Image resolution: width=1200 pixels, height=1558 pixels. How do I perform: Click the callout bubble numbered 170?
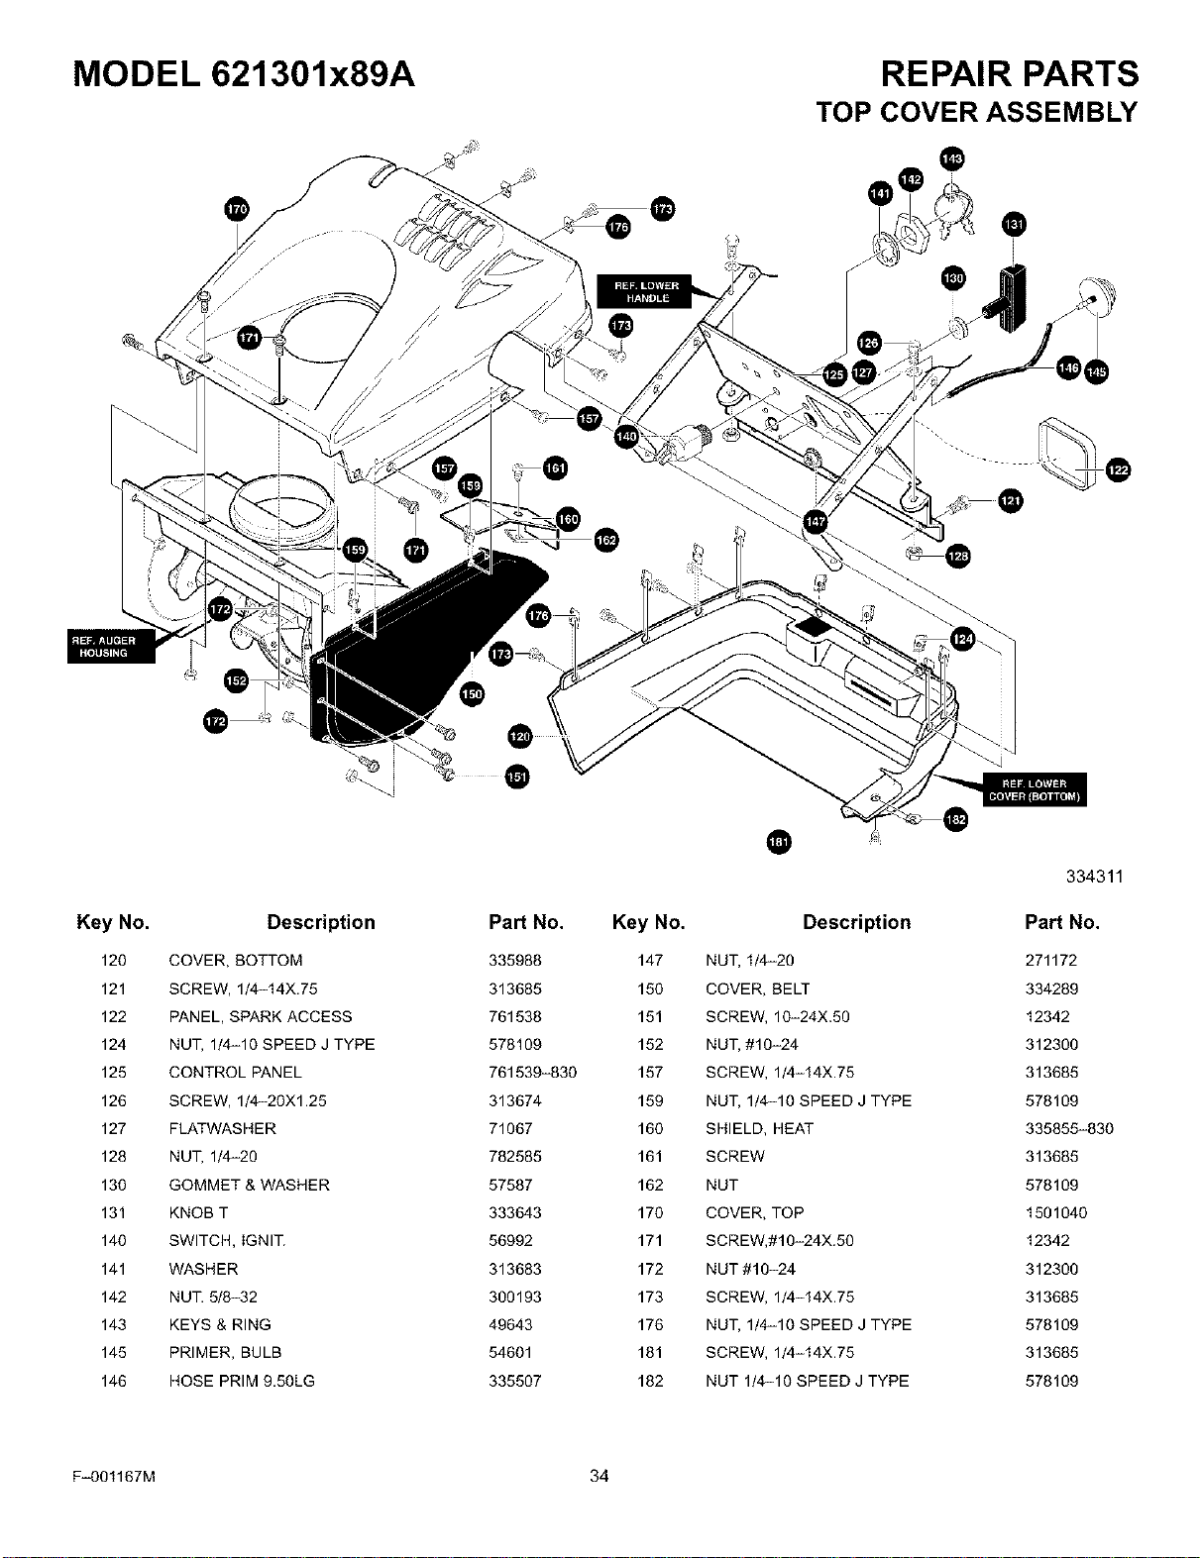(237, 209)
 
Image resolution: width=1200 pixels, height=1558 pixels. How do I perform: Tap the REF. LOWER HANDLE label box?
(644, 291)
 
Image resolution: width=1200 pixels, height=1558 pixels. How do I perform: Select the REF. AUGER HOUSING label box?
(111, 647)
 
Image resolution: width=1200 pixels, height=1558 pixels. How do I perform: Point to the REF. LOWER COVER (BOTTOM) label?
(1035, 789)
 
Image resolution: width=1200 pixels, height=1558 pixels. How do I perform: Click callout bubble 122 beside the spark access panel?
(1118, 470)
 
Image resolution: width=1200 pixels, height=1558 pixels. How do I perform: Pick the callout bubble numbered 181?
(779, 842)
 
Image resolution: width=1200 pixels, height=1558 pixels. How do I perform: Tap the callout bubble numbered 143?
(952, 158)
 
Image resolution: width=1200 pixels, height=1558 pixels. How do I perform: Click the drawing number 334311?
(1095, 877)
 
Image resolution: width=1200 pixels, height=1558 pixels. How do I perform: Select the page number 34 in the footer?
(599, 1475)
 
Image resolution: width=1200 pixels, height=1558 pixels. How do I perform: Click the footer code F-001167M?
(114, 1476)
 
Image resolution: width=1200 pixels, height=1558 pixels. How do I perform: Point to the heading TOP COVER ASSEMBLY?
(977, 113)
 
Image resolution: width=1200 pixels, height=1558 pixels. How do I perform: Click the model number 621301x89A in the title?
(313, 74)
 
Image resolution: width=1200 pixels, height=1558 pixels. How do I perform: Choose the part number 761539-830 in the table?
(532, 1072)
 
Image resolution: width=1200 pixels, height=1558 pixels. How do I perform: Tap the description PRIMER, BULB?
(225, 1352)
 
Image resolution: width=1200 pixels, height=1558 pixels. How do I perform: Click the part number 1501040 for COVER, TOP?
(1056, 1212)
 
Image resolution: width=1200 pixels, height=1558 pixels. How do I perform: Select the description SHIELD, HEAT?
(760, 1128)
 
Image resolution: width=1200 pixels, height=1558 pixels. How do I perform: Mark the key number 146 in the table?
(113, 1380)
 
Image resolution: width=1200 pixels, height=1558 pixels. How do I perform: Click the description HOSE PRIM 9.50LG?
(242, 1380)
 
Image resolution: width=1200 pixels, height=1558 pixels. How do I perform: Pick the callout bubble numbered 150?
(472, 694)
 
